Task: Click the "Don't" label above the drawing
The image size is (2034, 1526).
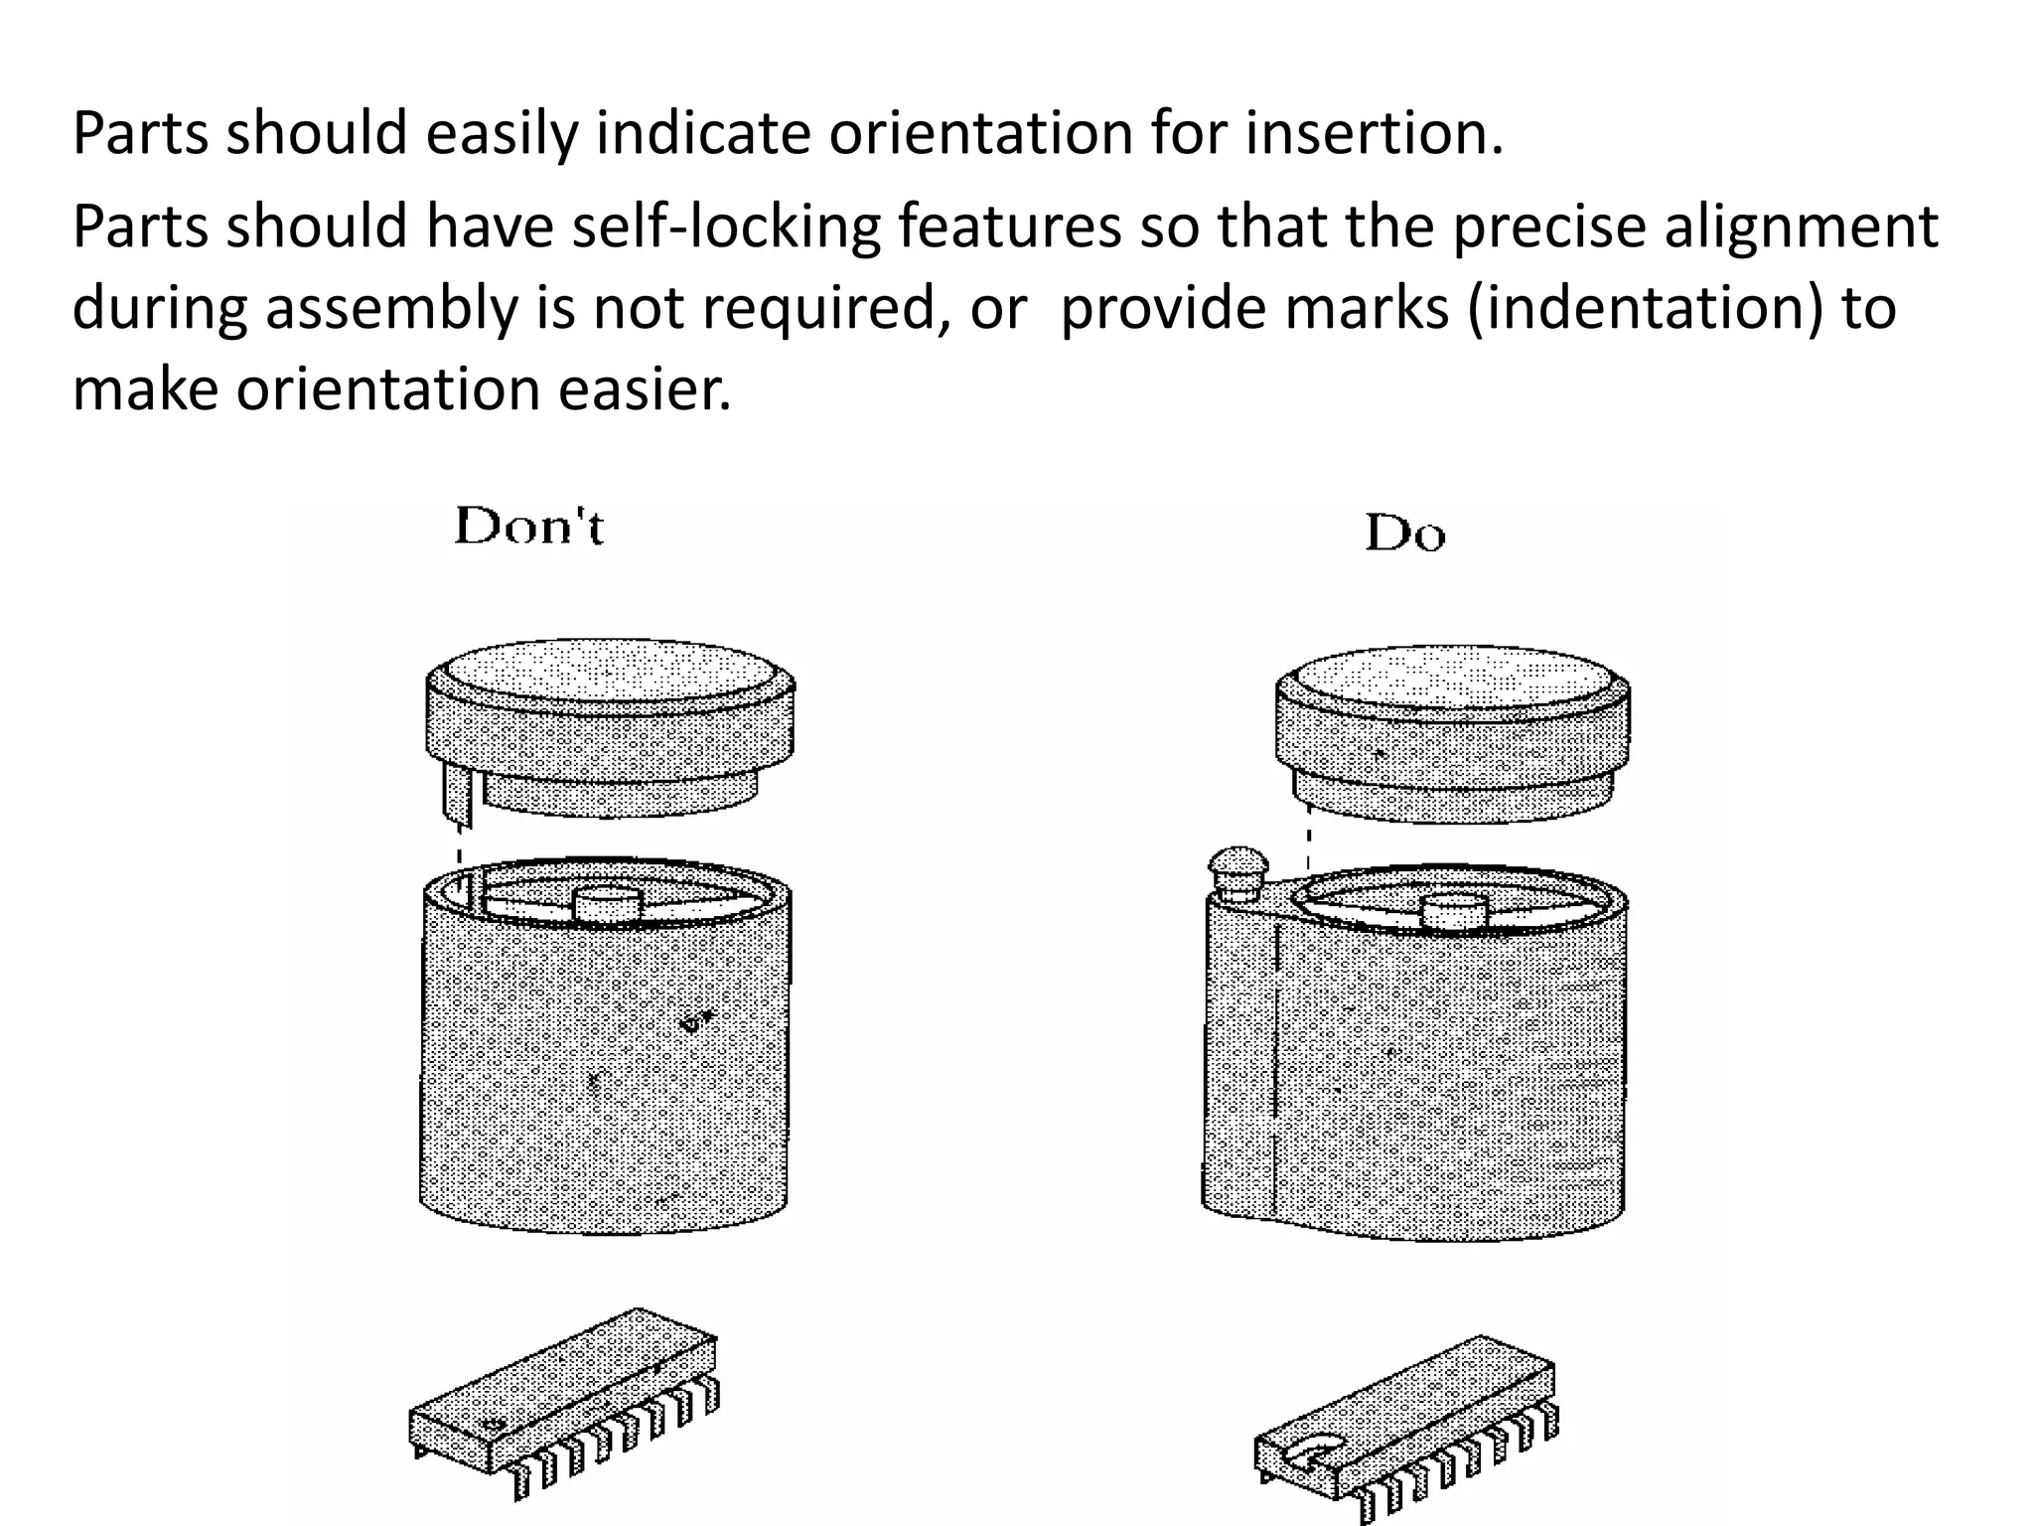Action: [528, 527]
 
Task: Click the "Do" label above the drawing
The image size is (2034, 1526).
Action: [1404, 534]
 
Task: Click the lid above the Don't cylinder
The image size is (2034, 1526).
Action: [610, 725]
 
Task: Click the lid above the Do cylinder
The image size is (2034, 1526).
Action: [1451, 730]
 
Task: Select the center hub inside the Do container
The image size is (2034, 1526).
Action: [1454, 912]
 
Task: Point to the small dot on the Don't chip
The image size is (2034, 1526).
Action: [490, 1425]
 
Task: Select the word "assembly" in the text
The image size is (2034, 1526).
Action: [390, 307]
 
